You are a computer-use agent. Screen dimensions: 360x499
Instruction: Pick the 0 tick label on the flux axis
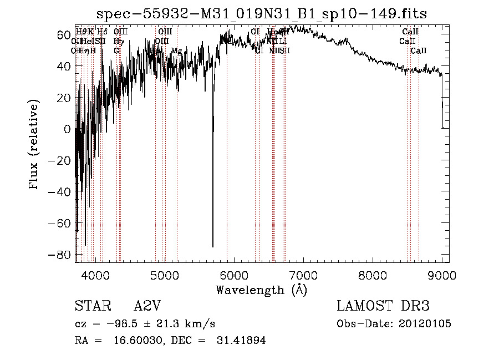(x=68, y=129)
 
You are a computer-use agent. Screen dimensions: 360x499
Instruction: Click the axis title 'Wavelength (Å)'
(x=261, y=290)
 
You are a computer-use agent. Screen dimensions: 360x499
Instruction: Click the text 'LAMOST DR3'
(x=383, y=306)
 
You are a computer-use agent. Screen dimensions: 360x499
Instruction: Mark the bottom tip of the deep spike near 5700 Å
(x=213, y=247)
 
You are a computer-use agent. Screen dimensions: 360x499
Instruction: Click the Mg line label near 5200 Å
(x=176, y=51)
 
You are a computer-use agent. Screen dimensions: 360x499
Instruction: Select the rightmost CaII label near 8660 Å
(x=419, y=51)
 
